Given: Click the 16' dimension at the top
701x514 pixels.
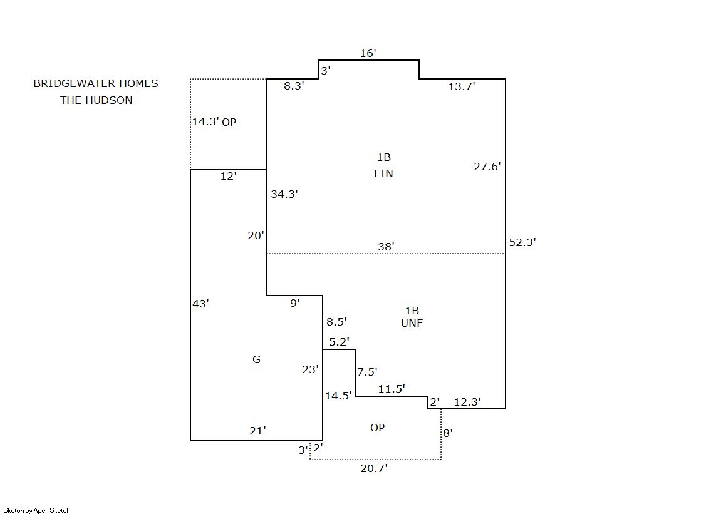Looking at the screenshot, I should (368, 53).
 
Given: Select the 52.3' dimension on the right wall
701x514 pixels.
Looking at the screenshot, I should (522, 242).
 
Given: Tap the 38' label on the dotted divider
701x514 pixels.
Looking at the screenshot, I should (386, 247).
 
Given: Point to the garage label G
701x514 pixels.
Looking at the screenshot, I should (256, 359).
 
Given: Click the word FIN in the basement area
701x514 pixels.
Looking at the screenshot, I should (383, 173).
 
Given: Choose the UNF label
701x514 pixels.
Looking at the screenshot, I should (412, 323).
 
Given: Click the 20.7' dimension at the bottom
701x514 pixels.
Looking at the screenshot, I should (374, 468).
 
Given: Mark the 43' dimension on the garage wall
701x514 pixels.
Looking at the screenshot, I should (200, 304).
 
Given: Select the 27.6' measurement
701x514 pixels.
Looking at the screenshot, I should (487, 167).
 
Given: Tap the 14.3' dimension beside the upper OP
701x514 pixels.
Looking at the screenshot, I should (205, 121).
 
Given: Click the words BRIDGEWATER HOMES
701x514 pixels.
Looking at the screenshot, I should (96, 83).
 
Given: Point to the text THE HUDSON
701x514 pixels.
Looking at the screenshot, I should (96, 100).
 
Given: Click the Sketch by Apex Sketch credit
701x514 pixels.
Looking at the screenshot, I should (37, 510).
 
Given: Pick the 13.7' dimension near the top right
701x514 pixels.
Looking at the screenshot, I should (462, 86).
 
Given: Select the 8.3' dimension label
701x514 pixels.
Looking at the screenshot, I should (294, 86).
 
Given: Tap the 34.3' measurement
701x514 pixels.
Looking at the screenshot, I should (284, 194).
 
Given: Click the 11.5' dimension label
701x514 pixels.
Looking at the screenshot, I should (392, 389).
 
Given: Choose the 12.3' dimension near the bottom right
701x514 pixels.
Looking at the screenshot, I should (467, 402).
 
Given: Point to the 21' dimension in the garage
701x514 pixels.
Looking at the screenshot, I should (257, 430).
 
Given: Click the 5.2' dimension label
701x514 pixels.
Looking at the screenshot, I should (339, 342).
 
